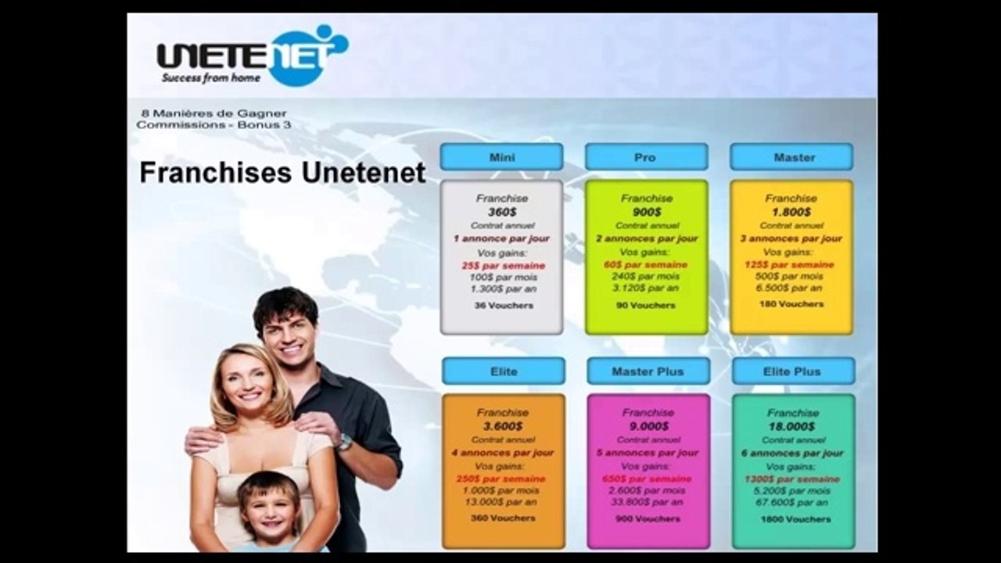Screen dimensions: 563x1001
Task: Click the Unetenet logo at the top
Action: pyautogui.click(x=252, y=55)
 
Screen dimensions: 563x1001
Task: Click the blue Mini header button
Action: pyautogui.click(x=501, y=157)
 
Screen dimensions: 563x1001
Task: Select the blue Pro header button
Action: pyautogui.click(x=646, y=157)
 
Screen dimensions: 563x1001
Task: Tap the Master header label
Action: pyautogui.click(x=791, y=157)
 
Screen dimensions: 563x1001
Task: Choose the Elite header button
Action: pyautogui.click(x=504, y=371)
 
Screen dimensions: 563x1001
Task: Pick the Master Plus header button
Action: pyautogui.click(x=648, y=371)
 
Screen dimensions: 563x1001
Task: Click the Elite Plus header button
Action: pyautogui.click(x=793, y=371)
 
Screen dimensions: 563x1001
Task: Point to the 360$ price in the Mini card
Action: pyautogui.click(x=501, y=212)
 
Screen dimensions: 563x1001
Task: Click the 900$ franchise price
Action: pyautogui.click(x=647, y=212)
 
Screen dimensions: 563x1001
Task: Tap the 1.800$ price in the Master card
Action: pyautogui.click(x=791, y=212)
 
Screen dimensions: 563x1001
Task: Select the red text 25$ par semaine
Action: pyautogui.click(x=502, y=265)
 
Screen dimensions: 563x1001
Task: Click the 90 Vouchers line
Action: pyautogui.click(x=647, y=305)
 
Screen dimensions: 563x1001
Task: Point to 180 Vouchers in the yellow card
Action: pyautogui.click(x=791, y=303)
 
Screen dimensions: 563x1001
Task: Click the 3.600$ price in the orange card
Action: pyautogui.click(x=503, y=426)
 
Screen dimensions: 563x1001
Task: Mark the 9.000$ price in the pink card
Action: pyautogui.click(x=648, y=426)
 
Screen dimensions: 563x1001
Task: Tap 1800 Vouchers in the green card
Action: pyautogui.click(x=793, y=518)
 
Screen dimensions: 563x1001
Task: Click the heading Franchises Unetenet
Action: pyautogui.click(x=282, y=173)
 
